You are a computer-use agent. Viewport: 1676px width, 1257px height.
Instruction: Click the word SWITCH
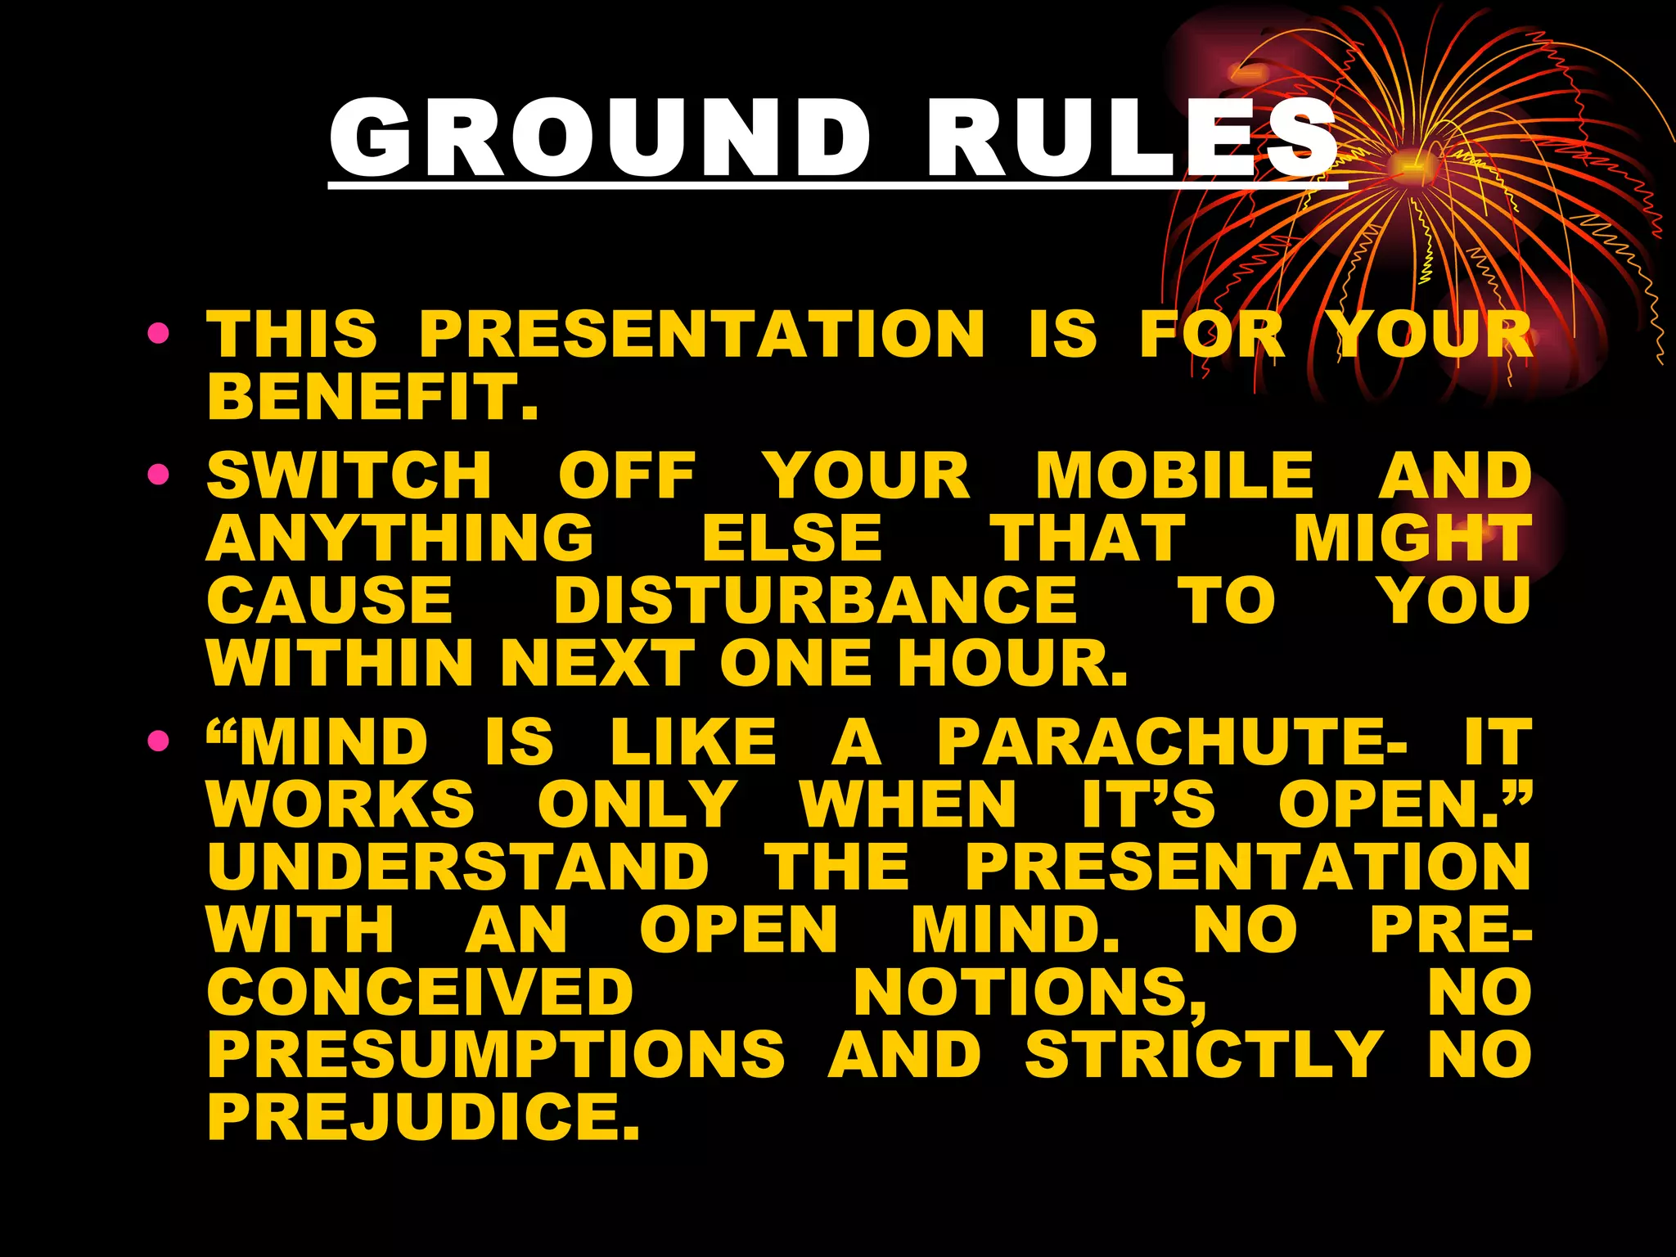(349, 475)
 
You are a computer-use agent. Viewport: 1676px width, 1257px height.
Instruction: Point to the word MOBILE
(1174, 475)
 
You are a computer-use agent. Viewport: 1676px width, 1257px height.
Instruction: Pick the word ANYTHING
(399, 538)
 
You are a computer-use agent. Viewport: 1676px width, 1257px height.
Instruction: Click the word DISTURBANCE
(815, 600)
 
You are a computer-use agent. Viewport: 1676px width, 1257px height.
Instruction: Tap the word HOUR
(1012, 662)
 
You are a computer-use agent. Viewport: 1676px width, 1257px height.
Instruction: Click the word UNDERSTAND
(458, 867)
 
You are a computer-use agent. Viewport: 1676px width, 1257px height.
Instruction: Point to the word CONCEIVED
(421, 992)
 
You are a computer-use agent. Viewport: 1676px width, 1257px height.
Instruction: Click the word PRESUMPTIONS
(496, 1054)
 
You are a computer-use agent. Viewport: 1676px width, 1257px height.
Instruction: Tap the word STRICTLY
(1204, 1054)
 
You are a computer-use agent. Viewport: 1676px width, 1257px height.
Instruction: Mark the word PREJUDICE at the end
(423, 1116)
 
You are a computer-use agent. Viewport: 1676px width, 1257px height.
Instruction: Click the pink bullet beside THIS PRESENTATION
(159, 333)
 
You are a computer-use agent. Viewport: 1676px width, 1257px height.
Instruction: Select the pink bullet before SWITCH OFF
(159, 474)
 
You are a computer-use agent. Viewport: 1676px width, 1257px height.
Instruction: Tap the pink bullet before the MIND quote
(159, 741)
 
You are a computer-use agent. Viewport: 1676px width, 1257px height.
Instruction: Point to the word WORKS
(340, 804)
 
